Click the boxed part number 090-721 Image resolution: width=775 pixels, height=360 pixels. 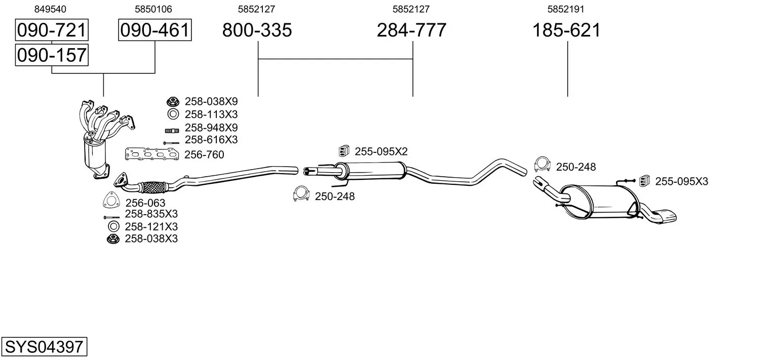(52, 30)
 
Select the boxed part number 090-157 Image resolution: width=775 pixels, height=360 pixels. (52, 55)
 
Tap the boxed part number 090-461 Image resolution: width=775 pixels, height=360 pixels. (154, 30)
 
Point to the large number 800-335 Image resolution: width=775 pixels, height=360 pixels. (257, 30)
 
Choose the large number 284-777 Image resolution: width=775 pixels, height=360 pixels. (411, 30)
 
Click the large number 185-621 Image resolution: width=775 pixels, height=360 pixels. (566, 30)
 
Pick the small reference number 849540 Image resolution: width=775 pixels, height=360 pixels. (50, 9)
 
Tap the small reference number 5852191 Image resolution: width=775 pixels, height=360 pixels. (566, 9)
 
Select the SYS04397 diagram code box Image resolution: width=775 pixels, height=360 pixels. (44, 347)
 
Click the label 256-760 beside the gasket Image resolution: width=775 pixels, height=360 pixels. (204, 155)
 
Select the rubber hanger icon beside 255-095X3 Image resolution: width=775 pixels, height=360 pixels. (645, 180)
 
